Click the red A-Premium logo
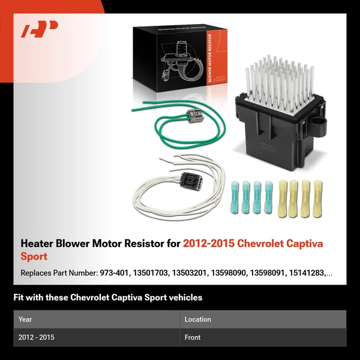click(39, 30)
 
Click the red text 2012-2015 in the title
click(209, 244)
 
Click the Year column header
click(26, 320)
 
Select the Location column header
click(198, 320)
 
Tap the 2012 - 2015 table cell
click(37, 338)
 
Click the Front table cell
click(193, 338)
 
